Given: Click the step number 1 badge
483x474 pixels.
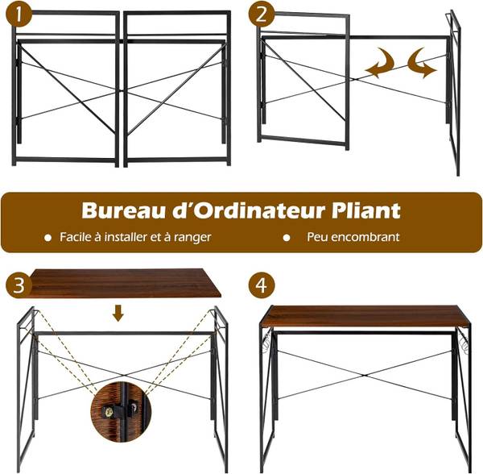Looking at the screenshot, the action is click(x=19, y=14).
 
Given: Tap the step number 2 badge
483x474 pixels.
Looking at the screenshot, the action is click(x=262, y=14).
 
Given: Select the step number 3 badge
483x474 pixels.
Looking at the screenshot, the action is click(x=19, y=285).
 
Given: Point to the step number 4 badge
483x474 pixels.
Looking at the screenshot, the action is click(x=262, y=285).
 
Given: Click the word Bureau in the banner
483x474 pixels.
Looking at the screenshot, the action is click(x=122, y=210).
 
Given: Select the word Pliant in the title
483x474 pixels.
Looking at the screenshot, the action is click(x=366, y=210).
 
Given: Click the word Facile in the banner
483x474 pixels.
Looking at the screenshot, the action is click(x=76, y=237).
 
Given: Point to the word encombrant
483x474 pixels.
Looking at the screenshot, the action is click(x=366, y=237).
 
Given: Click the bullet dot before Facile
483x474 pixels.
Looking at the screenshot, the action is click(x=47, y=238).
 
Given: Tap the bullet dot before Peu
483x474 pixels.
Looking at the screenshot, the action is click(x=287, y=238).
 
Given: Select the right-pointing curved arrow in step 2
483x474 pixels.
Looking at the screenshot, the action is click(x=421, y=63).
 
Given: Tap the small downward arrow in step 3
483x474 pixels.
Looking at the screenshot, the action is click(x=118, y=313).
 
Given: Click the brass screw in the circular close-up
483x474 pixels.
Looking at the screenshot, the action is click(x=108, y=412).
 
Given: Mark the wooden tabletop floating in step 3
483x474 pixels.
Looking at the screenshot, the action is click(x=123, y=283).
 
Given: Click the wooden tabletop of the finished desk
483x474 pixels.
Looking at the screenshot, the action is click(x=365, y=316).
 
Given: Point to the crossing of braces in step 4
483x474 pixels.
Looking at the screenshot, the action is click(x=364, y=376).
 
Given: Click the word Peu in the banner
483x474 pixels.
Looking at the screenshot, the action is click(x=318, y=237).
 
